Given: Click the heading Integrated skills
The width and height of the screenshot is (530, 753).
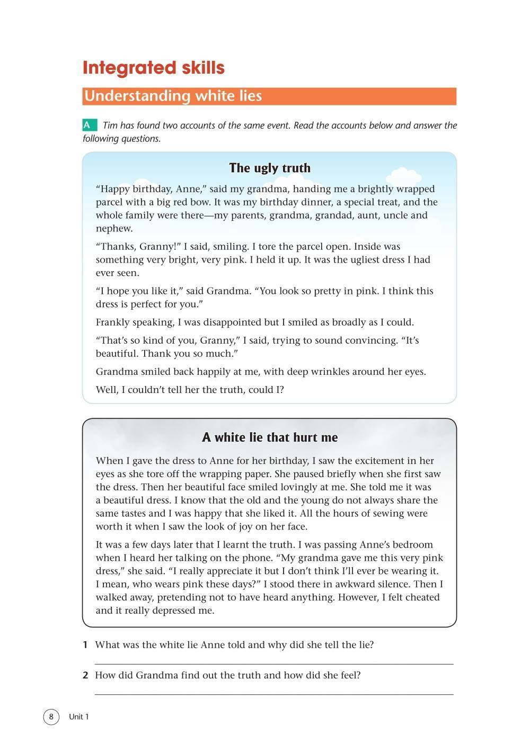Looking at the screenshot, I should click(154, 68).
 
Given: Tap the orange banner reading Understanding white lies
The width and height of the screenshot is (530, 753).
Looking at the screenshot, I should click(269, 96).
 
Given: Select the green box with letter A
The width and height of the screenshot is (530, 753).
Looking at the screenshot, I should click(90, 125).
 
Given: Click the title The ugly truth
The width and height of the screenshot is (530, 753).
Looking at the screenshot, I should click(269, 168).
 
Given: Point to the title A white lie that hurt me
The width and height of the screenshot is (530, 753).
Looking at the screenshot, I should click(269, 437).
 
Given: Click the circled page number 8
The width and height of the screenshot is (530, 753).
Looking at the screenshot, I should click(51, 717).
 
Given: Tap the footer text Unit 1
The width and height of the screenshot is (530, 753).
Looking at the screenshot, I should click(79, 717).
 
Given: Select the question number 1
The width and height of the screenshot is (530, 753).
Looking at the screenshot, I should click(85, 645).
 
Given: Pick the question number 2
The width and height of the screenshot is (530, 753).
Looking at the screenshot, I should click(85, 676).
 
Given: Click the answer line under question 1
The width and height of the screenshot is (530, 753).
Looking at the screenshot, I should click(273, 663).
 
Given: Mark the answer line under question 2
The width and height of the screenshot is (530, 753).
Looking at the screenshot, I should click(273, 693).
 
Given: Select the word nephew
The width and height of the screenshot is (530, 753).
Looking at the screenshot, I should click(114, 229).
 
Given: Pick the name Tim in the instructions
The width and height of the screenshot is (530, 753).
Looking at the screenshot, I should click(110, 125).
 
